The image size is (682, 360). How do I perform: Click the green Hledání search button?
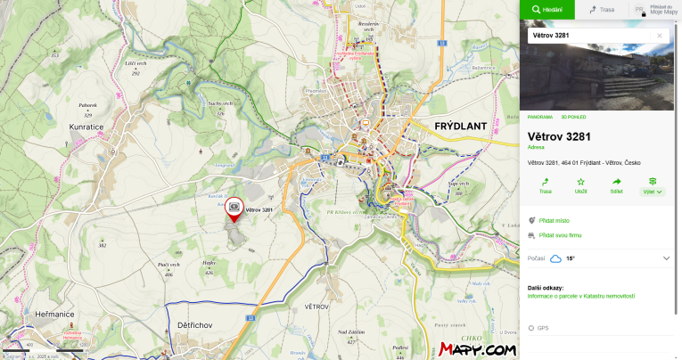547,9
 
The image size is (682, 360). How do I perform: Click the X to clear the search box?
660,36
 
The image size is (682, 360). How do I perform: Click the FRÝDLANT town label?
460,126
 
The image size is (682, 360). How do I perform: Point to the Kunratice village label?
87,127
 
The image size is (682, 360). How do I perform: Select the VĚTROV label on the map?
317,306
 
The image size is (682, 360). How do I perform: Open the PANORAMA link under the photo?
540,117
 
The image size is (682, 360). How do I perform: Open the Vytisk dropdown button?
653,184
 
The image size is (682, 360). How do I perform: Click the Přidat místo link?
554,220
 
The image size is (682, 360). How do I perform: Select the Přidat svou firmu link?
560,235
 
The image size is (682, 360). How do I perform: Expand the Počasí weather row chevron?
666,258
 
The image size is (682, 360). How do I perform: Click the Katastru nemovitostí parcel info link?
580,295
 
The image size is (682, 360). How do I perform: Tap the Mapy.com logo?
477,349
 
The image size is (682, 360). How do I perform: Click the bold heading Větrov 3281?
559,136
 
